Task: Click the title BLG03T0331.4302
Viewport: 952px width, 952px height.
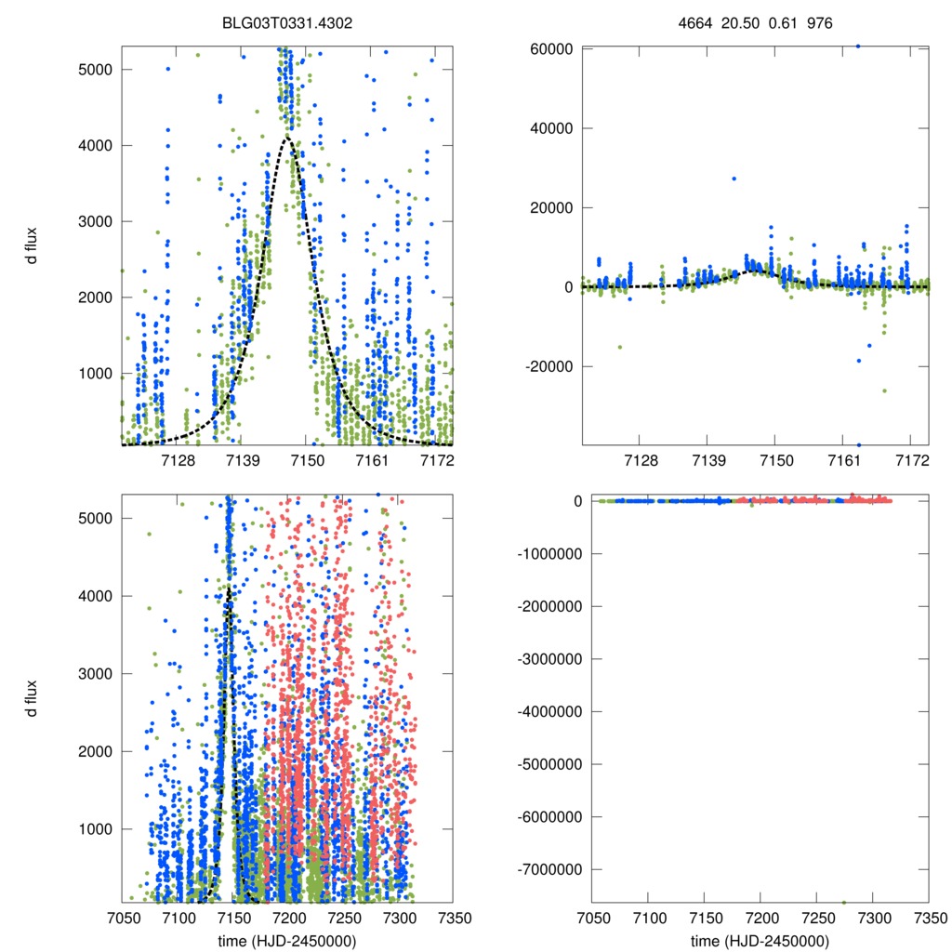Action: (x=287, y=22)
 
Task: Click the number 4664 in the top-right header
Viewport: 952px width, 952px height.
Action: (x=695, y=22)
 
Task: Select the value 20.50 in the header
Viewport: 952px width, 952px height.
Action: (x=740, y=22)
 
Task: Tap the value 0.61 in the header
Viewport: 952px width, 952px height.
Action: (x=782, y=22)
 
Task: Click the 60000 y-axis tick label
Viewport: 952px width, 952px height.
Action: (x=548, y=48)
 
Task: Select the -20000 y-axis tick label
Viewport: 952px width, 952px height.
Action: (x=545, y=366)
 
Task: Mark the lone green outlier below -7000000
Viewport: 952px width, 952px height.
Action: (x=843, y=903)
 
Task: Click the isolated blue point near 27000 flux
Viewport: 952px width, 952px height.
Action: (x=734, y=178)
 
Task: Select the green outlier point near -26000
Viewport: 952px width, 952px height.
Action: (x=884, y=390)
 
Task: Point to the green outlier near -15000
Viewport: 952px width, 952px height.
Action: (x=620, y=347)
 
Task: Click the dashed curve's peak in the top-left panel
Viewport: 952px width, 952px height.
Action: (x=288, y=138)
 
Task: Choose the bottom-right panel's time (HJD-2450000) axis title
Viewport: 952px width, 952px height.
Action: (x=760, y=941)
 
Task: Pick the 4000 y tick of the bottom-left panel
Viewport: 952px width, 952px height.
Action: (x=97, y=596)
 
